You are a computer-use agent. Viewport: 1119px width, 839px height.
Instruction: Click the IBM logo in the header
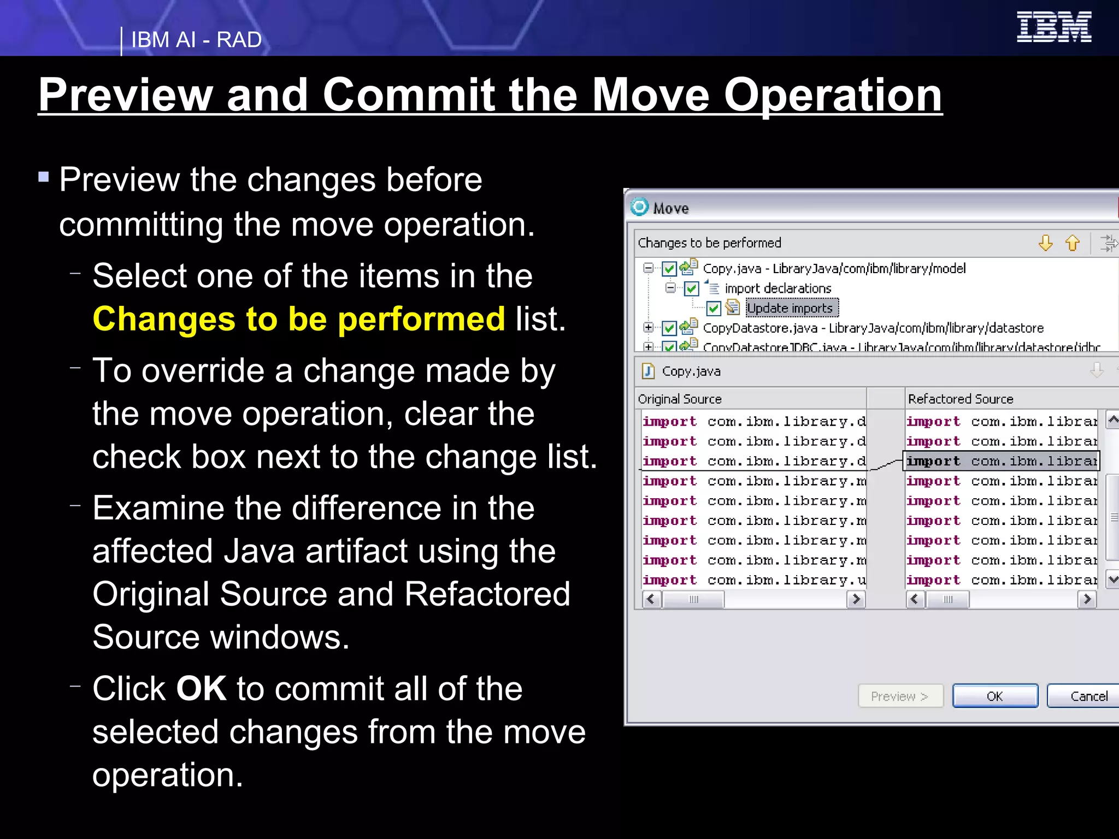click(1053, 27)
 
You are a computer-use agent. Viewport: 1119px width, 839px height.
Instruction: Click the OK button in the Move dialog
click(994, 696)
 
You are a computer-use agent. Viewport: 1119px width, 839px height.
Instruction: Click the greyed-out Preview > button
click(900, 696)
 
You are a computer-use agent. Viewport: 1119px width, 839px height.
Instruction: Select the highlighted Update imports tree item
click(790, 308)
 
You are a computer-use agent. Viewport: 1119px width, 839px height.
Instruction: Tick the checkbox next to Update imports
click(714, 309)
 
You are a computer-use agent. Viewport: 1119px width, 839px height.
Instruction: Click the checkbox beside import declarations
click(691, 288)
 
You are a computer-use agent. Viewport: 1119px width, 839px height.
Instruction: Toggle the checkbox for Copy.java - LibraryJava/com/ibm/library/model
click(669, 269)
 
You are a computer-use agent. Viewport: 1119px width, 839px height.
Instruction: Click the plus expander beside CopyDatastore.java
click(649, 328)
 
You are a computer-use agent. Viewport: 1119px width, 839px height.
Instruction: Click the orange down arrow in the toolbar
click(1045, 243)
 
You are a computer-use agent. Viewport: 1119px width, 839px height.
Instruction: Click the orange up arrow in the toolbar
click(1073, 243)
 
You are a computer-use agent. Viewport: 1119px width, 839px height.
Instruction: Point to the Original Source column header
click(680, 399)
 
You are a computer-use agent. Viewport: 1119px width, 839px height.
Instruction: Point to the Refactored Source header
click(961, 399)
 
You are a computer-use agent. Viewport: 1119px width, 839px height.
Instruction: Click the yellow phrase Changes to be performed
click(299, 319)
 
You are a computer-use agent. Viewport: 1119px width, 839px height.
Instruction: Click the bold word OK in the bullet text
click(201, 688)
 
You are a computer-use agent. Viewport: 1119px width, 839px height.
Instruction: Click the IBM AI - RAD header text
click(196, 40)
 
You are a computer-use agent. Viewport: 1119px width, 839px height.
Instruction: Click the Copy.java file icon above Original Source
click(649, 371)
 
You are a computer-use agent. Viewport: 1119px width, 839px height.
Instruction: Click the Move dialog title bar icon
click(639, 208)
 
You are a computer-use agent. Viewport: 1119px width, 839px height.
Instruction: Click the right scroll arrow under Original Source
click(856, 599)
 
